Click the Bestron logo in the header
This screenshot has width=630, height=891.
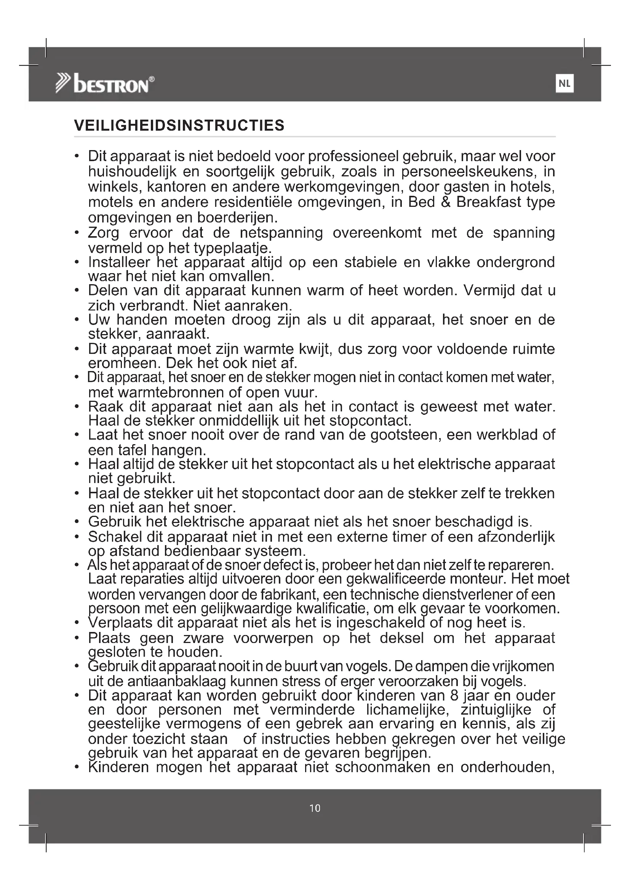[x=105, y=83]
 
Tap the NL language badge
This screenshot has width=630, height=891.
[x=564, y=83]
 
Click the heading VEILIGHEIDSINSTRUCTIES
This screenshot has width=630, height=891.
[x=179, y=126]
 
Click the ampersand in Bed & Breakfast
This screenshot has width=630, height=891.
[x=445, y=202]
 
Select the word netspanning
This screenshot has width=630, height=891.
[x=281, y=233]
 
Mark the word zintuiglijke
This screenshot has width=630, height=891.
[x=496, y=710]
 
